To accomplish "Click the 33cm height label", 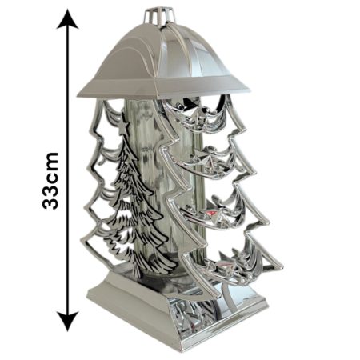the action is click(x=50, y=181).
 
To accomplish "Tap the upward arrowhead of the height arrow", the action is click(x=68, y=19).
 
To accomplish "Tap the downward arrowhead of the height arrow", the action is click(x=68, y=321).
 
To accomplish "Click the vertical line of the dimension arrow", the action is click(x=68, y=170).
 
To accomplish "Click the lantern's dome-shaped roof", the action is click(x=163, y=62).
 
